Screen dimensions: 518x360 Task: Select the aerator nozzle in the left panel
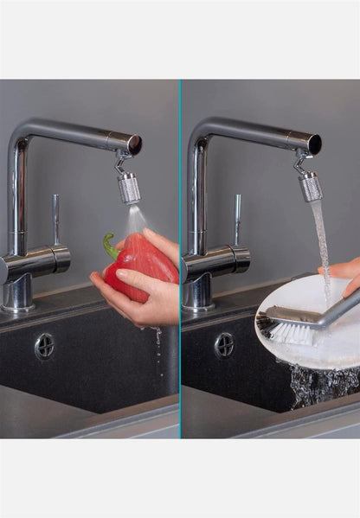pos(129,188)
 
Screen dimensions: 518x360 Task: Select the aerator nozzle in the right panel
pos(310,185)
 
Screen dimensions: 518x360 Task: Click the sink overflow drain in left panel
pos(44,346)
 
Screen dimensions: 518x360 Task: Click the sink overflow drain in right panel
pos(224,344)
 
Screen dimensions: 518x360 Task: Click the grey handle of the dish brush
pos(329,310)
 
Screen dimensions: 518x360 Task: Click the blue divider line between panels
pos(181,259)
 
